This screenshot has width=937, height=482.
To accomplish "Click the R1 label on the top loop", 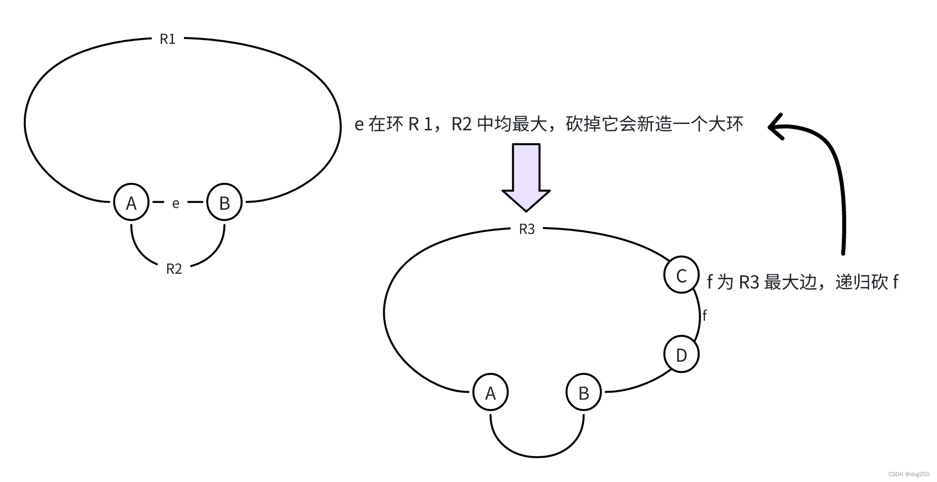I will (168, 39).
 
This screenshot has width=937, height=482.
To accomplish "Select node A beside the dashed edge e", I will (131, 202).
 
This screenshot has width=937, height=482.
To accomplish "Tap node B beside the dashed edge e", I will (224, 202).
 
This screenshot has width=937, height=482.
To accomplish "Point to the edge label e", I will (176, 203).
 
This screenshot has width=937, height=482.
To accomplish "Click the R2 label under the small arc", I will (174, 269).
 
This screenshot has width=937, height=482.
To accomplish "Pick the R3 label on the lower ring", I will (527, 229).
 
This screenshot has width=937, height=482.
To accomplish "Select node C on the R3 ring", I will (681, 275).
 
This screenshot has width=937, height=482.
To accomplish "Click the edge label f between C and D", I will (704, 315).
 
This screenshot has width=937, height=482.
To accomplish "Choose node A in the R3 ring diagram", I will (490, 393).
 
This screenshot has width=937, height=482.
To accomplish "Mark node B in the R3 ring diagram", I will (584, 393).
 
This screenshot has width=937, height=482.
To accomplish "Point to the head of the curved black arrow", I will (776, 126).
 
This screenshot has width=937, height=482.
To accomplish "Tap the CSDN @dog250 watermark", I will (908, 474).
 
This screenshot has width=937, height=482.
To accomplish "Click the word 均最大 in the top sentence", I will (521, 124).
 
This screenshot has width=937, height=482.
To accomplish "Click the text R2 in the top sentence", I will (461, 124).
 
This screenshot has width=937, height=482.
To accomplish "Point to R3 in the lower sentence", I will (749, 282).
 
